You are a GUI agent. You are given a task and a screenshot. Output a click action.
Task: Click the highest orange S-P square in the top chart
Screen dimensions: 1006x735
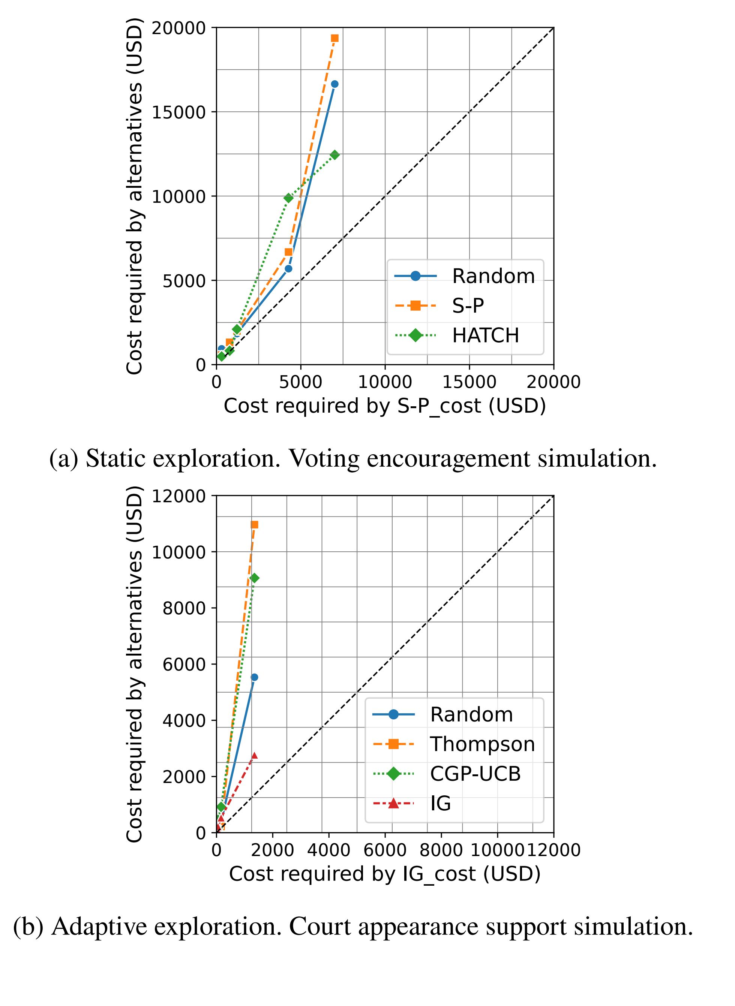tap(334, 38)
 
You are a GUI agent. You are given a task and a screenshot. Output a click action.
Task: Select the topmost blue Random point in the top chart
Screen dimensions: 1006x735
tap(334, 84)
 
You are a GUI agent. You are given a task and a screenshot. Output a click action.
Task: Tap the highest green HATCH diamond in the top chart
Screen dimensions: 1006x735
tap(334, 155)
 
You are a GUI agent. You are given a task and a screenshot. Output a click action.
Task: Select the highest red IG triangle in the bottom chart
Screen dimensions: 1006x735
tap(254, 755)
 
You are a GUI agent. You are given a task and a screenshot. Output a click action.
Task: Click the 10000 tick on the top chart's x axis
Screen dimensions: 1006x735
tap(385, 382)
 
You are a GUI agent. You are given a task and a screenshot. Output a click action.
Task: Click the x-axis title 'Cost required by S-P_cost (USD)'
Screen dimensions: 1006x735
tap(384, 406)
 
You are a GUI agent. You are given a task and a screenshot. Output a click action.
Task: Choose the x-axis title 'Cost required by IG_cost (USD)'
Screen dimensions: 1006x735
tap(384, 874)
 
